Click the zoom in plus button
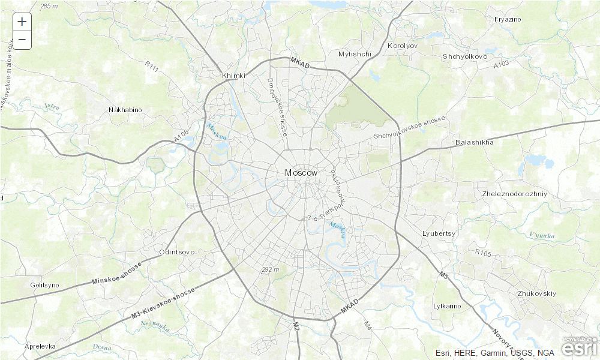[x=22, y=22]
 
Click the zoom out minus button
[x=22, y=40]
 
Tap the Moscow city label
[x=301, y=173]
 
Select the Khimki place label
[x=233, y=76]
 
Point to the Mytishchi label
[x=355, y=54]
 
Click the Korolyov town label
[x=402, y=46]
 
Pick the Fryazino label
[x=508, y=19]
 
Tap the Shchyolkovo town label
[x=465, y=56]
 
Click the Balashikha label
[x=474, y=142]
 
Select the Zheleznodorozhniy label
[x=514, y=194]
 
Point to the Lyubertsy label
[x=439, y=233]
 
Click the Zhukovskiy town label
[x=536, y=293]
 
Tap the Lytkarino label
[x=447, y=306]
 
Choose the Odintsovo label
[x=177, y=252]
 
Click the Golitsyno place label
[x=44, y=285]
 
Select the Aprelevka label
[x=40, y=346]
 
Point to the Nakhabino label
[x=125, y=110]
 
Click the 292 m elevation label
[x=271, y=269]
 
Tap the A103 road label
[x=502, y=64]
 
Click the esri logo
[x=579, y=347]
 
